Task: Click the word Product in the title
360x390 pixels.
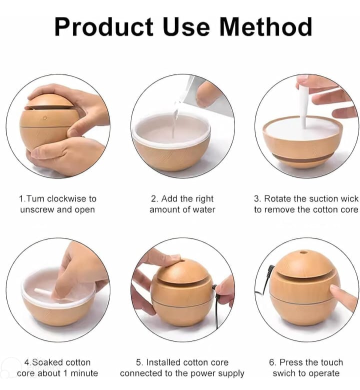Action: coord(103,27)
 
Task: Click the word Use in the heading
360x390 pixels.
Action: coord(186,27)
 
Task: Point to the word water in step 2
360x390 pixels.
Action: coord(204,209)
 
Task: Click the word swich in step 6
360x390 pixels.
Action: coord(284,373)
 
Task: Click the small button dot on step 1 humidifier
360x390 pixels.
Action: coord(45,118)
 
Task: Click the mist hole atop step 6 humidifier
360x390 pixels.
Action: coord(303,252)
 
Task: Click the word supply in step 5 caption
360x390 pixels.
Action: coord(232,374)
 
